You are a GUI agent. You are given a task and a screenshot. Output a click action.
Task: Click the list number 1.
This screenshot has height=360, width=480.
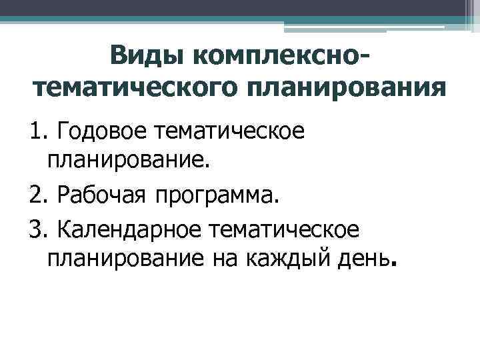coord(37,133)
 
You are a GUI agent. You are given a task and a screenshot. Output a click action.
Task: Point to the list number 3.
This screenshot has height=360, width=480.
coord(37,229)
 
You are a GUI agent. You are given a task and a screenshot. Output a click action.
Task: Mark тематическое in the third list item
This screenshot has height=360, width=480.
coord(284,229)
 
